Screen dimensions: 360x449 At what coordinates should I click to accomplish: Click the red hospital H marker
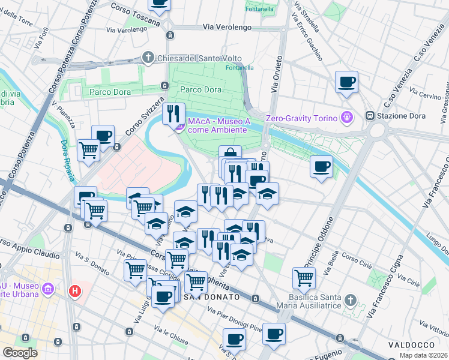pos(75,292)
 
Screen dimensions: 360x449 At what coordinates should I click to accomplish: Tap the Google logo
pos(20,353)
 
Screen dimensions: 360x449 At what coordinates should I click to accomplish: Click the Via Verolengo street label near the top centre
pos(224,27)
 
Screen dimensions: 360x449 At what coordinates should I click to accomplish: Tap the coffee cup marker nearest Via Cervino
pos(346,82)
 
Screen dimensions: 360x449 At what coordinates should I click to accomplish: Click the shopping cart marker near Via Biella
pos(304,277)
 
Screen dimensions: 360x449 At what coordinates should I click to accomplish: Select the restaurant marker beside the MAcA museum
pos(173,112)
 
